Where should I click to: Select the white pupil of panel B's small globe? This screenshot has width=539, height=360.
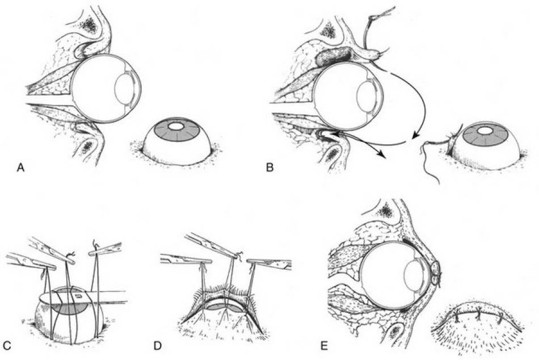[x=485, y=131]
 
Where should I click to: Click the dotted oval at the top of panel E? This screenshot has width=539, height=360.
[x=386, y=211]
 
